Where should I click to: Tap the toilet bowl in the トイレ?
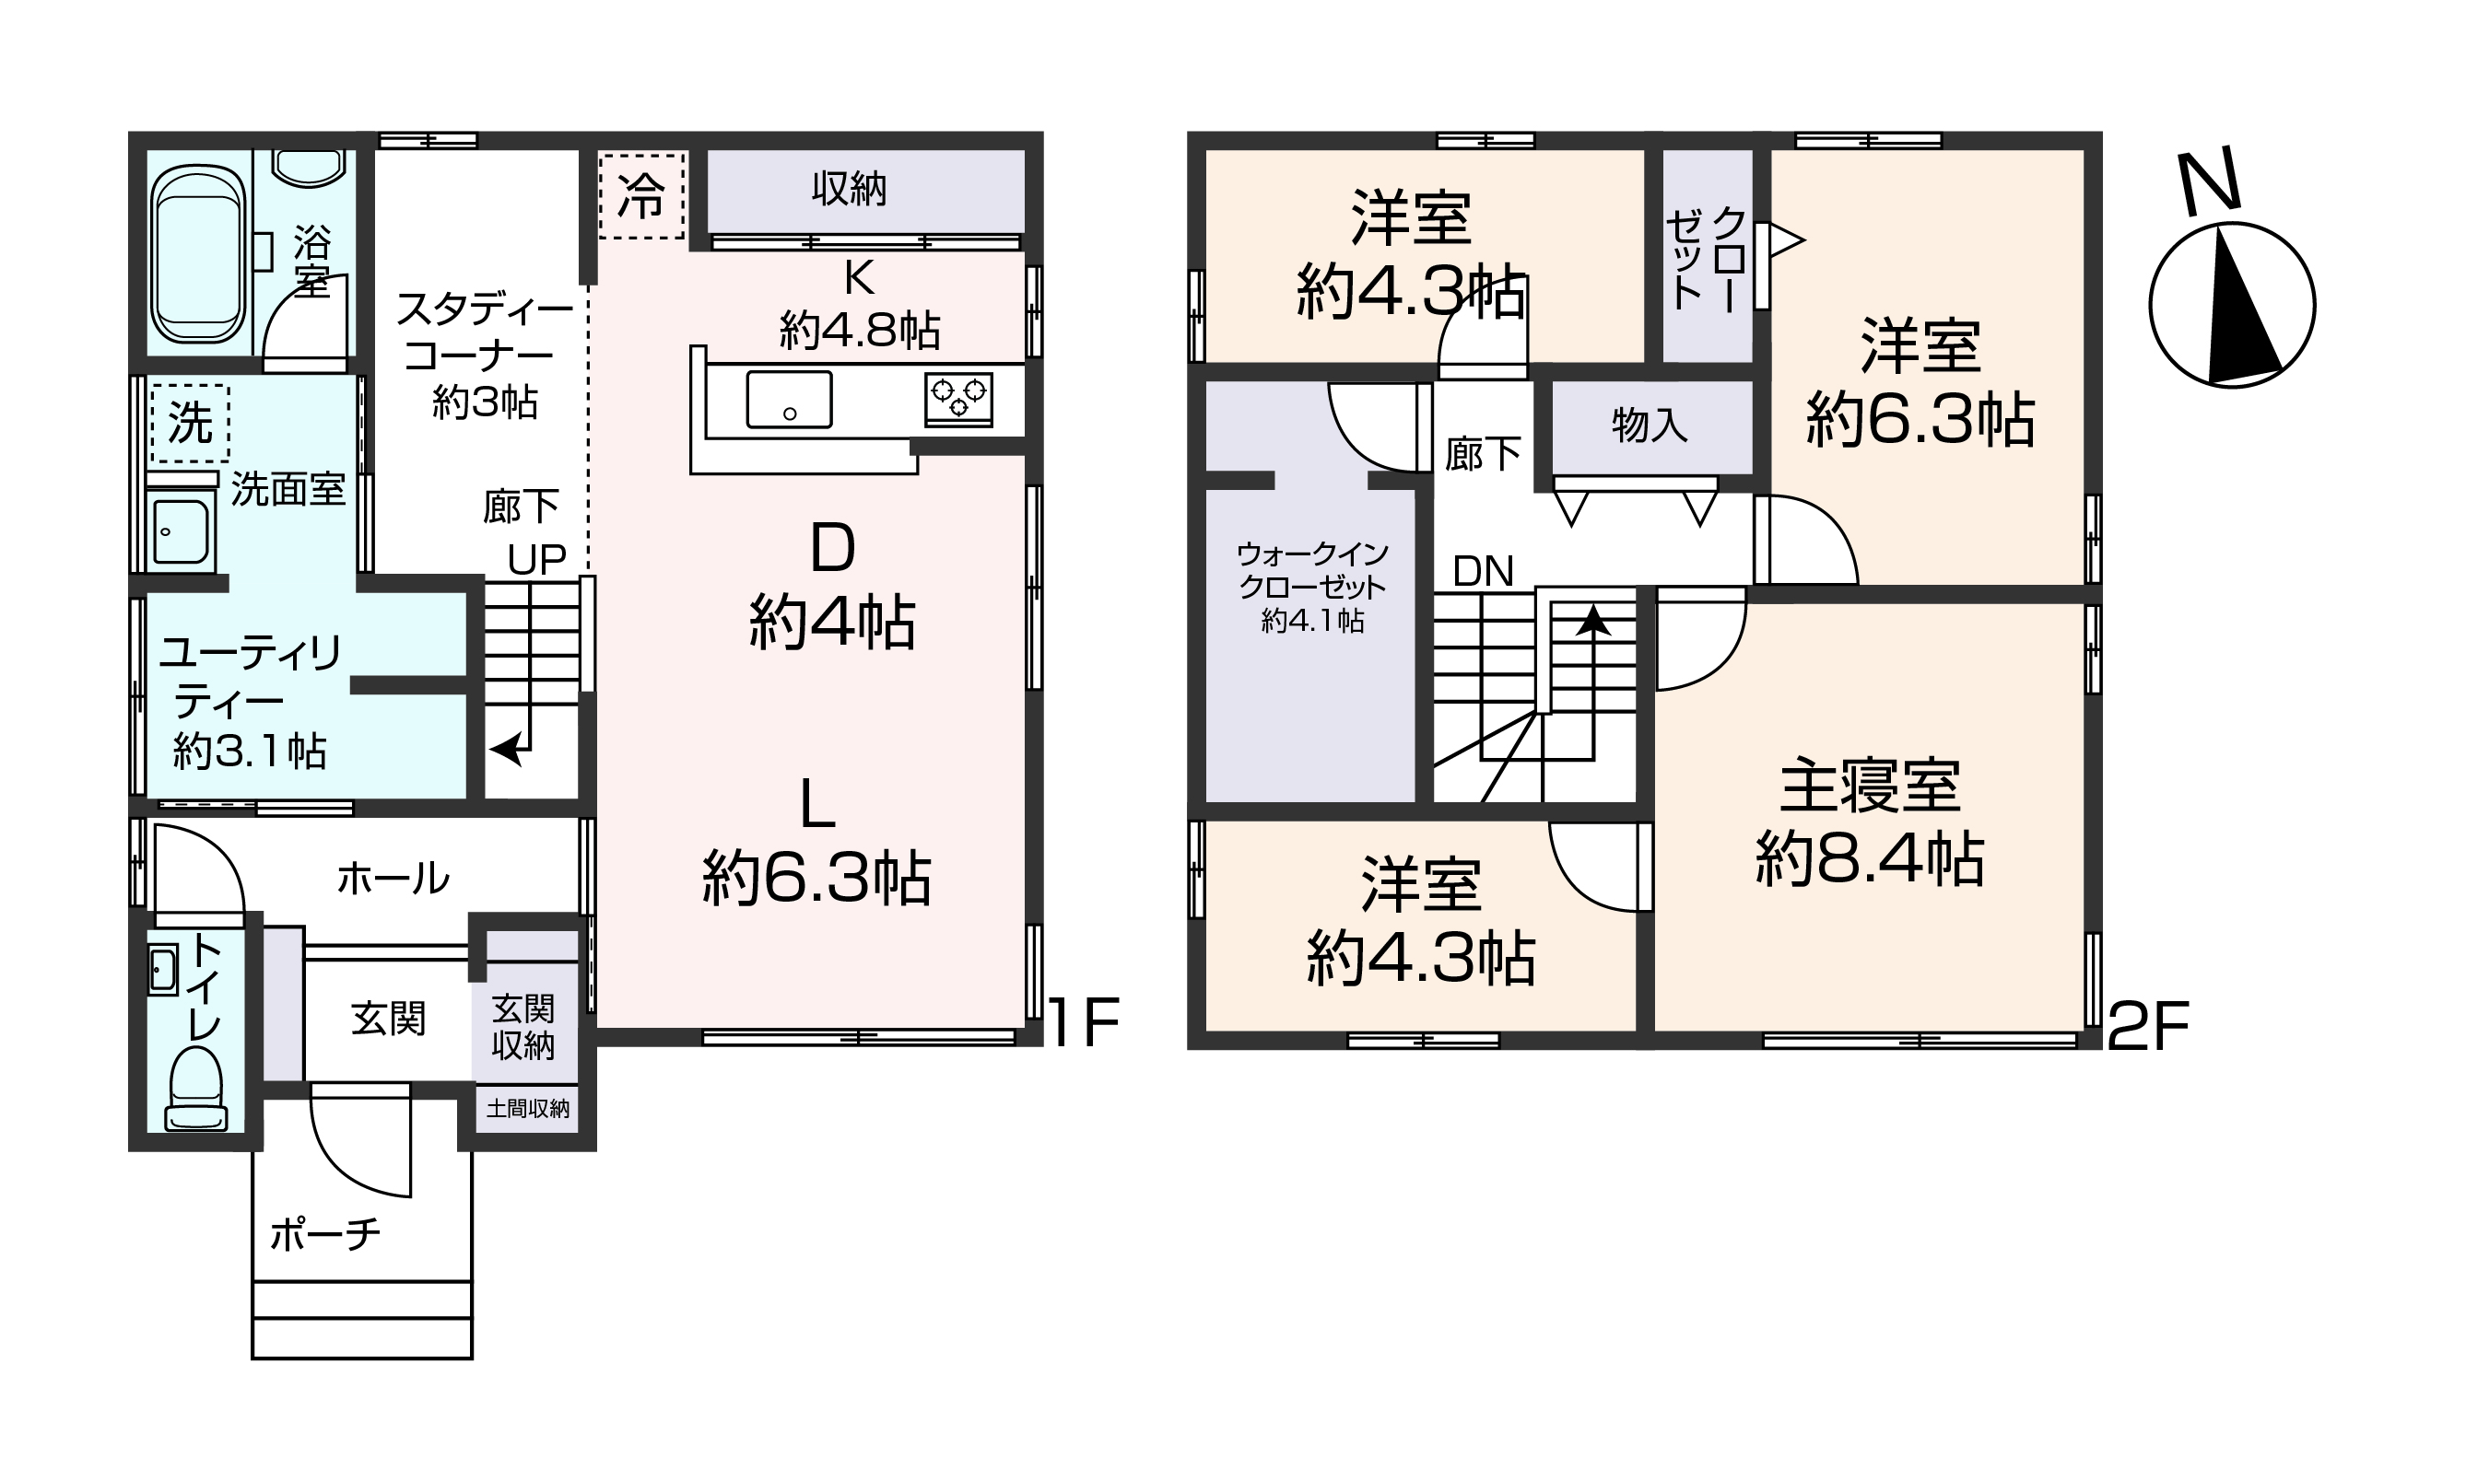click(x=197, y=1090)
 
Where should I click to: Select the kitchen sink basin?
click(x=789, y=399)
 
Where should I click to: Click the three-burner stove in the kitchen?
click(x=958, y=399)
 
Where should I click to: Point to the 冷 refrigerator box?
click(x=641, y=196)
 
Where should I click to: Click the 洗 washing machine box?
click(x=190, y=423)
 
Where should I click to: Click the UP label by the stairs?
click(x=537, y=560)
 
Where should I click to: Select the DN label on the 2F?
click(x=1483, y=571)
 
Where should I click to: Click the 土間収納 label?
click(x=527, y=1109)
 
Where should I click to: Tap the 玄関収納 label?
click(x=523, y=1027)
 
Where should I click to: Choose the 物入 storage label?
click(x=1650, y=425)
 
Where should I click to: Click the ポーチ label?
click(x=324, y=1234)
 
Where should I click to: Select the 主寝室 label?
click(x=1870, y=787)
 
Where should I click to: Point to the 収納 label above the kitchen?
click(x=849, y=189)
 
